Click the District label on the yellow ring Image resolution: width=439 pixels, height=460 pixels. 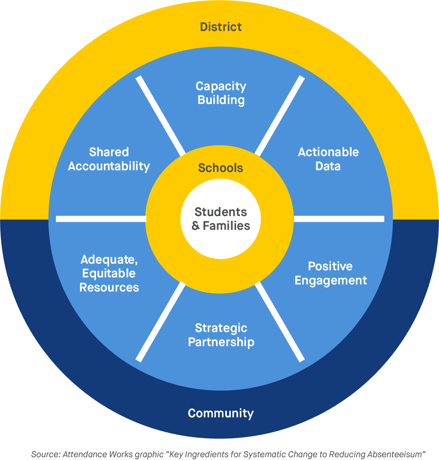click(221, 27)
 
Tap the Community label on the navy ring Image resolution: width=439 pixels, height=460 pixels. click(221, 413)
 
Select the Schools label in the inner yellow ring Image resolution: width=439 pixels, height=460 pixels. click(221, 168)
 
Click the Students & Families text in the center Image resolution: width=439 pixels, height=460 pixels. click(221, 219)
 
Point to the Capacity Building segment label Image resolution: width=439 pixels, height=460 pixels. click(221, 93)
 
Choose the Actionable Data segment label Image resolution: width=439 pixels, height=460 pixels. click(328, 159)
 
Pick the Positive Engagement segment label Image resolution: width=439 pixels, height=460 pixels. click(331, 273)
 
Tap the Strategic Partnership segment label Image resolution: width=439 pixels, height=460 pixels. click(221, 335)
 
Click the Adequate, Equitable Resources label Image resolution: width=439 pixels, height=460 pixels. click(109, 274)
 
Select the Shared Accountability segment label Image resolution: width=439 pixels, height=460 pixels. click(109, 159)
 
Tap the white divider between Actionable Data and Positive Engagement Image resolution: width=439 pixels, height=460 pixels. click(339, 219)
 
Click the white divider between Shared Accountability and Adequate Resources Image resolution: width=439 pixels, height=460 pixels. click(101, 219)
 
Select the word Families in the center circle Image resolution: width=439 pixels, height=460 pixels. click(227, 226)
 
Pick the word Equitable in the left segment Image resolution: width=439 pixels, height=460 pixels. click(109, 274)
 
